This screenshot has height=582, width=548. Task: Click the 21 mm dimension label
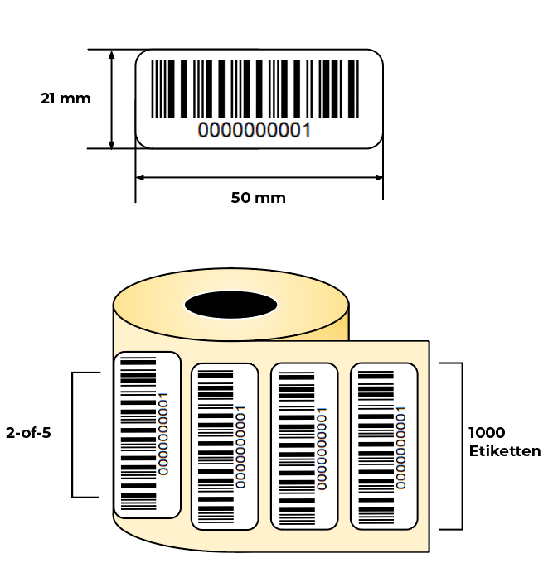click(65, 99)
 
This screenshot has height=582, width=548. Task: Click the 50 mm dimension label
click(259, 198)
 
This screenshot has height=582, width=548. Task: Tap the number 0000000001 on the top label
click(255, 131)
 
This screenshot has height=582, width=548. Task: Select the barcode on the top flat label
click(255, 89)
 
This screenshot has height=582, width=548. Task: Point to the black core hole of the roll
click(230, 305)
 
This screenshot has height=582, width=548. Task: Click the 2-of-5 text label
click(28, 433)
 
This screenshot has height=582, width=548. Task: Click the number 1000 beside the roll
click(487, 432)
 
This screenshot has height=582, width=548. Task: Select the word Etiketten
click(505, 451)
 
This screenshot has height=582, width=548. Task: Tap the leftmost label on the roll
click(148, 435)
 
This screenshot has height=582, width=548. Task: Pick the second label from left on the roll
click(225, 446)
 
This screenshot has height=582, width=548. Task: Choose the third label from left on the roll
click(304, 446)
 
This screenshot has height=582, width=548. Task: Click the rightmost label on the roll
click(384, 446)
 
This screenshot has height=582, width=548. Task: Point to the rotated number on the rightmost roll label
click(400, 448)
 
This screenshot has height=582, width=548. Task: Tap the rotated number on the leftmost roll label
click(163, 434)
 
